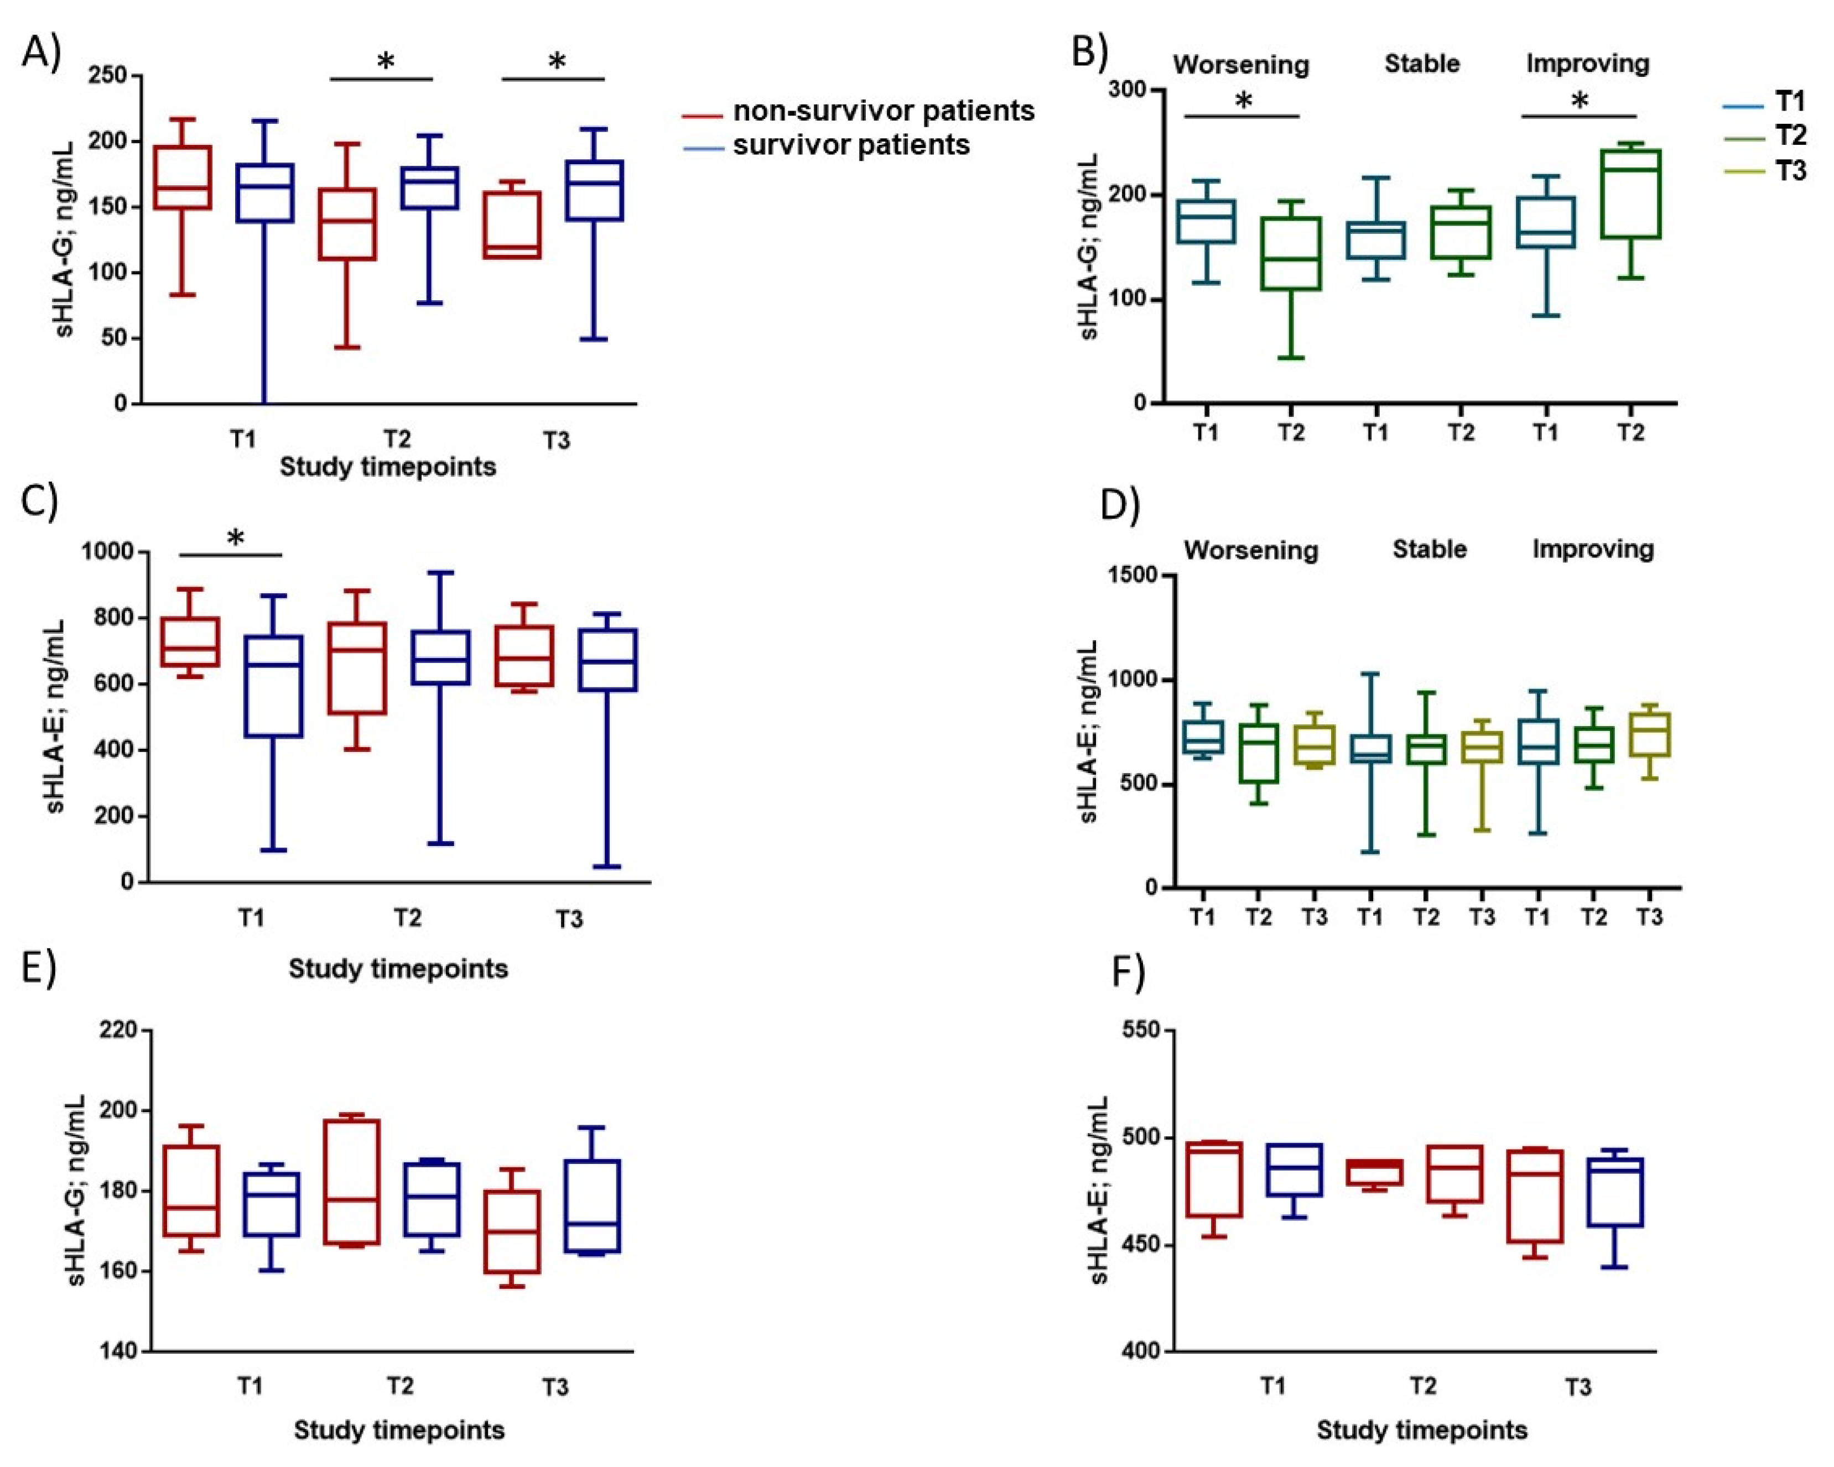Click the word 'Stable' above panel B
click(1421, 64)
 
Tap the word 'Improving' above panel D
click(1592, 550)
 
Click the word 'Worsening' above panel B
click(1240, 65)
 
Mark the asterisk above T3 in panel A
click(557, 61)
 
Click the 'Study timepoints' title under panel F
click(1421, 1429)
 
